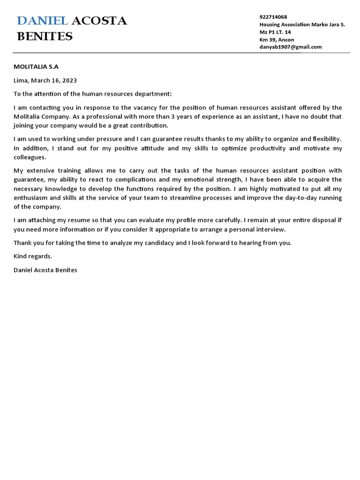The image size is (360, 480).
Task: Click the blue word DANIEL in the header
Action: click(43, 21)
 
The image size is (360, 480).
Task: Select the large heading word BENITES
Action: click(45, 37)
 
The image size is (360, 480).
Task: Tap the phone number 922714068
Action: click(274, 17)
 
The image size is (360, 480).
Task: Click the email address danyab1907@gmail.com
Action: click(291, 47)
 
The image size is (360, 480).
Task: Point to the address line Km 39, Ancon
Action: click(277, 39)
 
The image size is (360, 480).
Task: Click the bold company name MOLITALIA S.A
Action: click(36, 67)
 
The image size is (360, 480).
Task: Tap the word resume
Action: click(72, 220)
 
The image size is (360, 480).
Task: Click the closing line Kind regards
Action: click(33, 256)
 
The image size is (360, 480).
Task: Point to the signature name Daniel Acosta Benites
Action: click(45, 270)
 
